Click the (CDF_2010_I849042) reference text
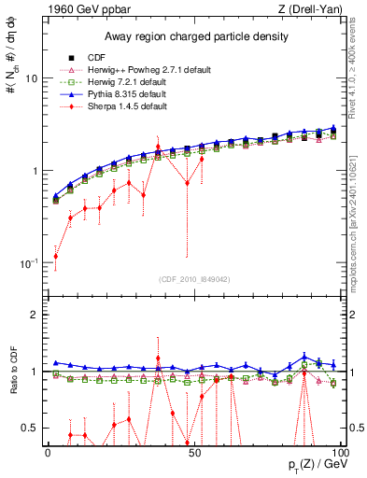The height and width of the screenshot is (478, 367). coord(193,278)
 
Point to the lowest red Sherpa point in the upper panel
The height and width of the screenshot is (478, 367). coord(56,257)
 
